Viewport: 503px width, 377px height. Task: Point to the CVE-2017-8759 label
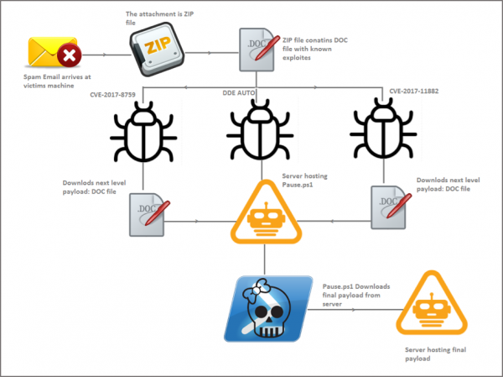tap(117, 95)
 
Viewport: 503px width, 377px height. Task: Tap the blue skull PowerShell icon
tap(267, 307)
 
